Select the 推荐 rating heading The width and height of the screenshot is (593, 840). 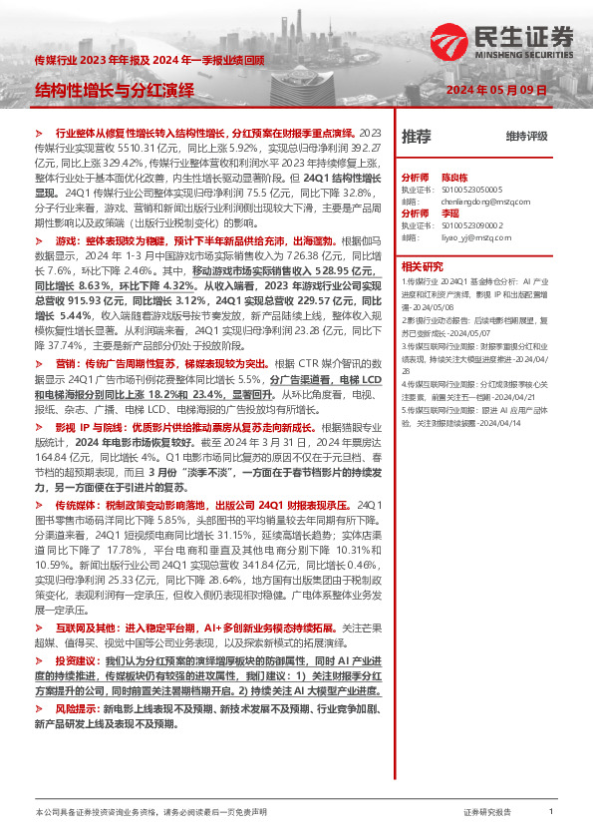(416, 136)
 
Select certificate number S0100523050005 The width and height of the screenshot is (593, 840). (473, 187)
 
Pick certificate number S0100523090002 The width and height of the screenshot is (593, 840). (473, 225)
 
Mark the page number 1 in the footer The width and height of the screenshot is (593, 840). (551, 813)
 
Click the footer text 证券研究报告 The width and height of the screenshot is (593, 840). (488, 813)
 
